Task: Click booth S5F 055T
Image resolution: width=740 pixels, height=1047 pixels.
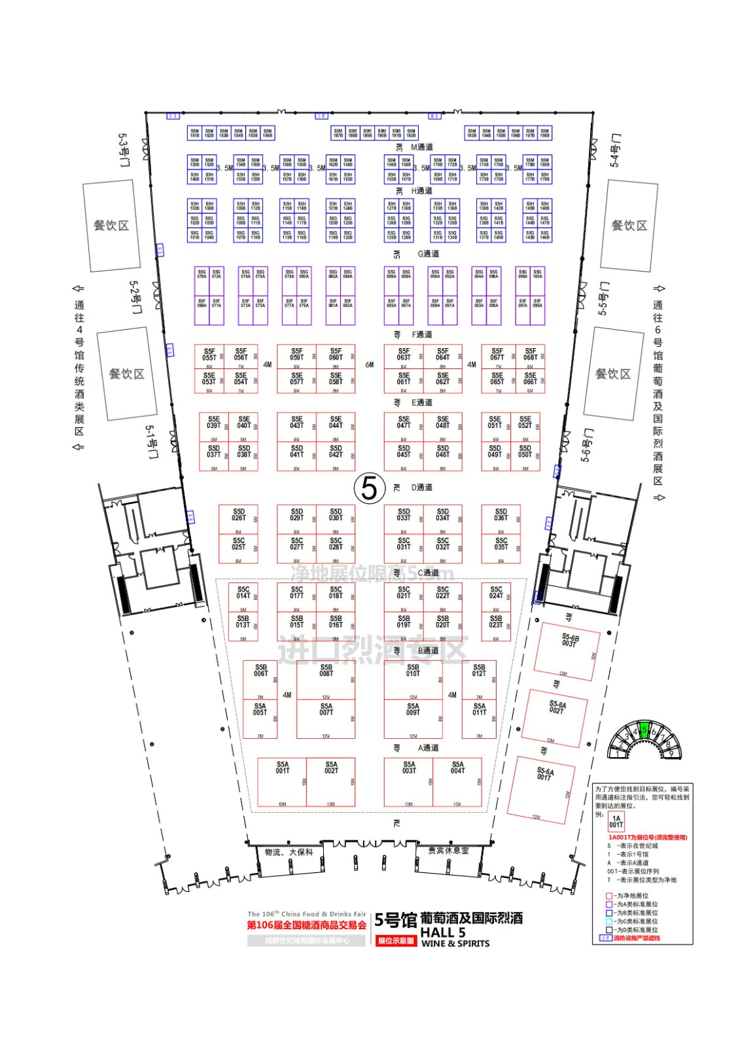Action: click(x=209, y=357)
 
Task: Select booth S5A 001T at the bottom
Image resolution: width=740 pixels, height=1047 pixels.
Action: click(x=282, y=781)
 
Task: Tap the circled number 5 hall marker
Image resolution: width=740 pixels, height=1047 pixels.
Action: click(x=369, y=488)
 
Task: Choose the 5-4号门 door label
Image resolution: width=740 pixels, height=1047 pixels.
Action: click(x=615, y=151)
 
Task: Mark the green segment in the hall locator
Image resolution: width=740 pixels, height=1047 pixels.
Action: click(x=644, y=731)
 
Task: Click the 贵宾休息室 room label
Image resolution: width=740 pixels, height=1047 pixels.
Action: click(x=448, y=851)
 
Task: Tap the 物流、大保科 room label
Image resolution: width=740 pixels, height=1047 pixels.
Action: click(x=289, y=852)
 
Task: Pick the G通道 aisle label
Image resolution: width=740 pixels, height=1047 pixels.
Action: click(x=429, y=254)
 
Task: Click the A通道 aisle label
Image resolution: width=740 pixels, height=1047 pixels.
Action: click(x=428, y=748)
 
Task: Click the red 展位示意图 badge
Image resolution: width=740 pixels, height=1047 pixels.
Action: click(x=396, y=941)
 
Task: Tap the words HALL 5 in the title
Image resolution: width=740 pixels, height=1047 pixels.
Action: click(x=443, y=932)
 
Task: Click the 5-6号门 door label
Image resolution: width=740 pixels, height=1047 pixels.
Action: click(x=587, y=446)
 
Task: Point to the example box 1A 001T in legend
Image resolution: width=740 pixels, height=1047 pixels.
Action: click(x=616, y=821)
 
